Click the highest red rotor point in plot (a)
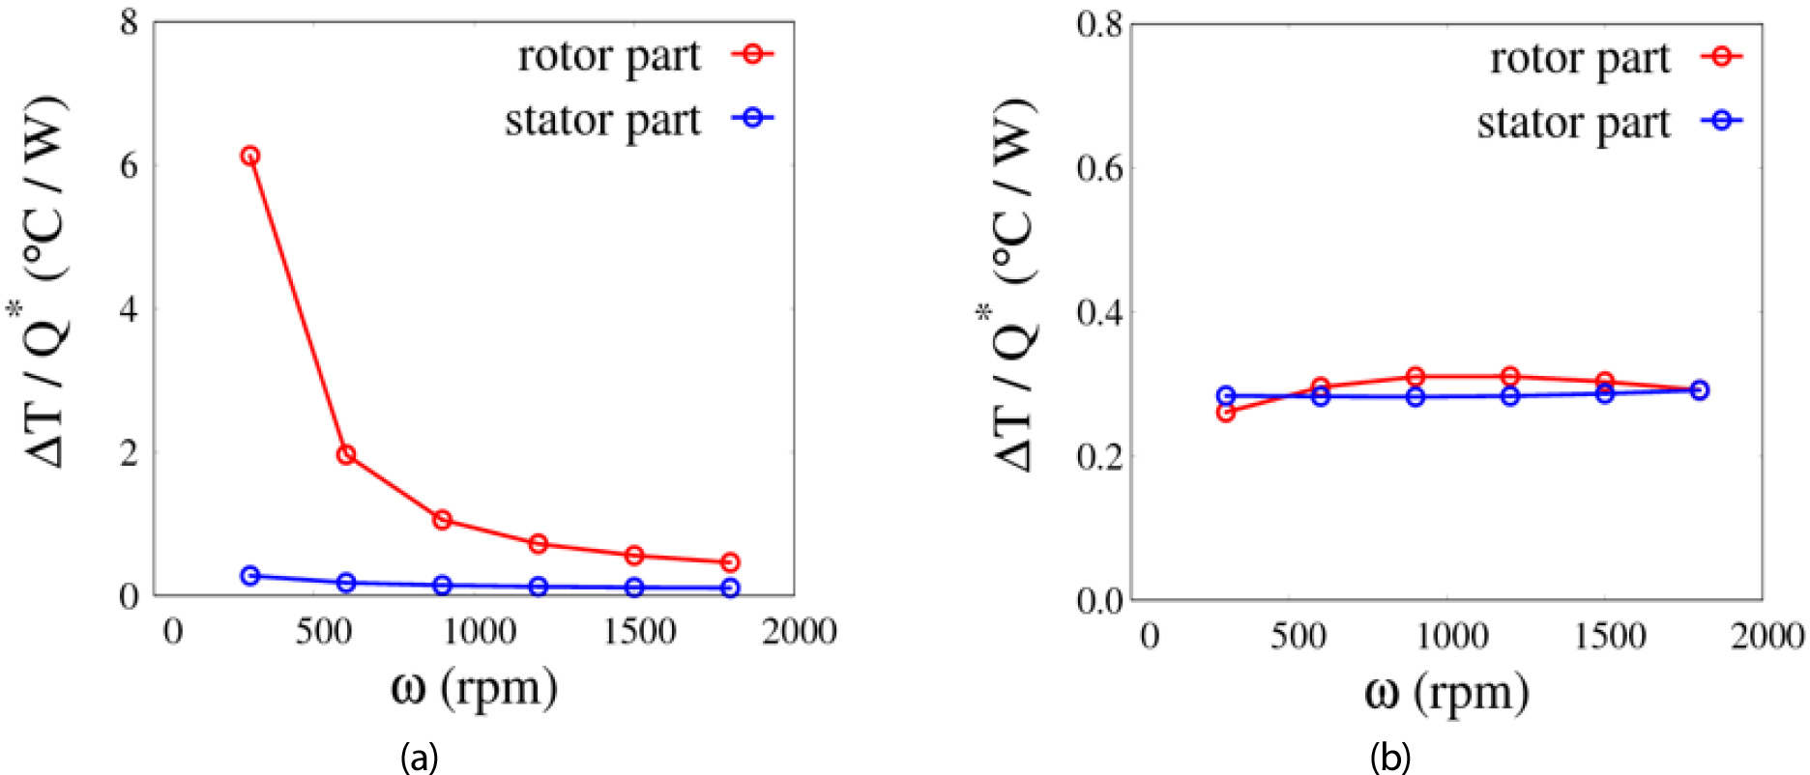point(249,156)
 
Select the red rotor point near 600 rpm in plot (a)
point(345,454)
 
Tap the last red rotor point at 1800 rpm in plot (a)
point(730,562)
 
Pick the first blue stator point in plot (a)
point(249,576)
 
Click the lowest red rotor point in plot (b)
point(1226,413)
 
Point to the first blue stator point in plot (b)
point(1226,395)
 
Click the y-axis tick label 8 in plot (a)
point(129,21)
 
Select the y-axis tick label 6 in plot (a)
point(129,165)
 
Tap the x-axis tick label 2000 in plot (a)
point(799,632)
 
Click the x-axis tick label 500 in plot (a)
point(324,632)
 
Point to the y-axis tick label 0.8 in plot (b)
point(1099,23)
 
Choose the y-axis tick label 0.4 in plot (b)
point(1099,313)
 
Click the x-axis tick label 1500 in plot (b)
point(1610,636)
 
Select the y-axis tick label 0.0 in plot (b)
point(1099,600)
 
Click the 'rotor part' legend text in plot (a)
point(608,57)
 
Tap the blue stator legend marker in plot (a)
point(753,118)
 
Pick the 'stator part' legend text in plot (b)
point(1573,124)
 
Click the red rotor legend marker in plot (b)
point(1721,57)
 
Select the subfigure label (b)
point(1389,757)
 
